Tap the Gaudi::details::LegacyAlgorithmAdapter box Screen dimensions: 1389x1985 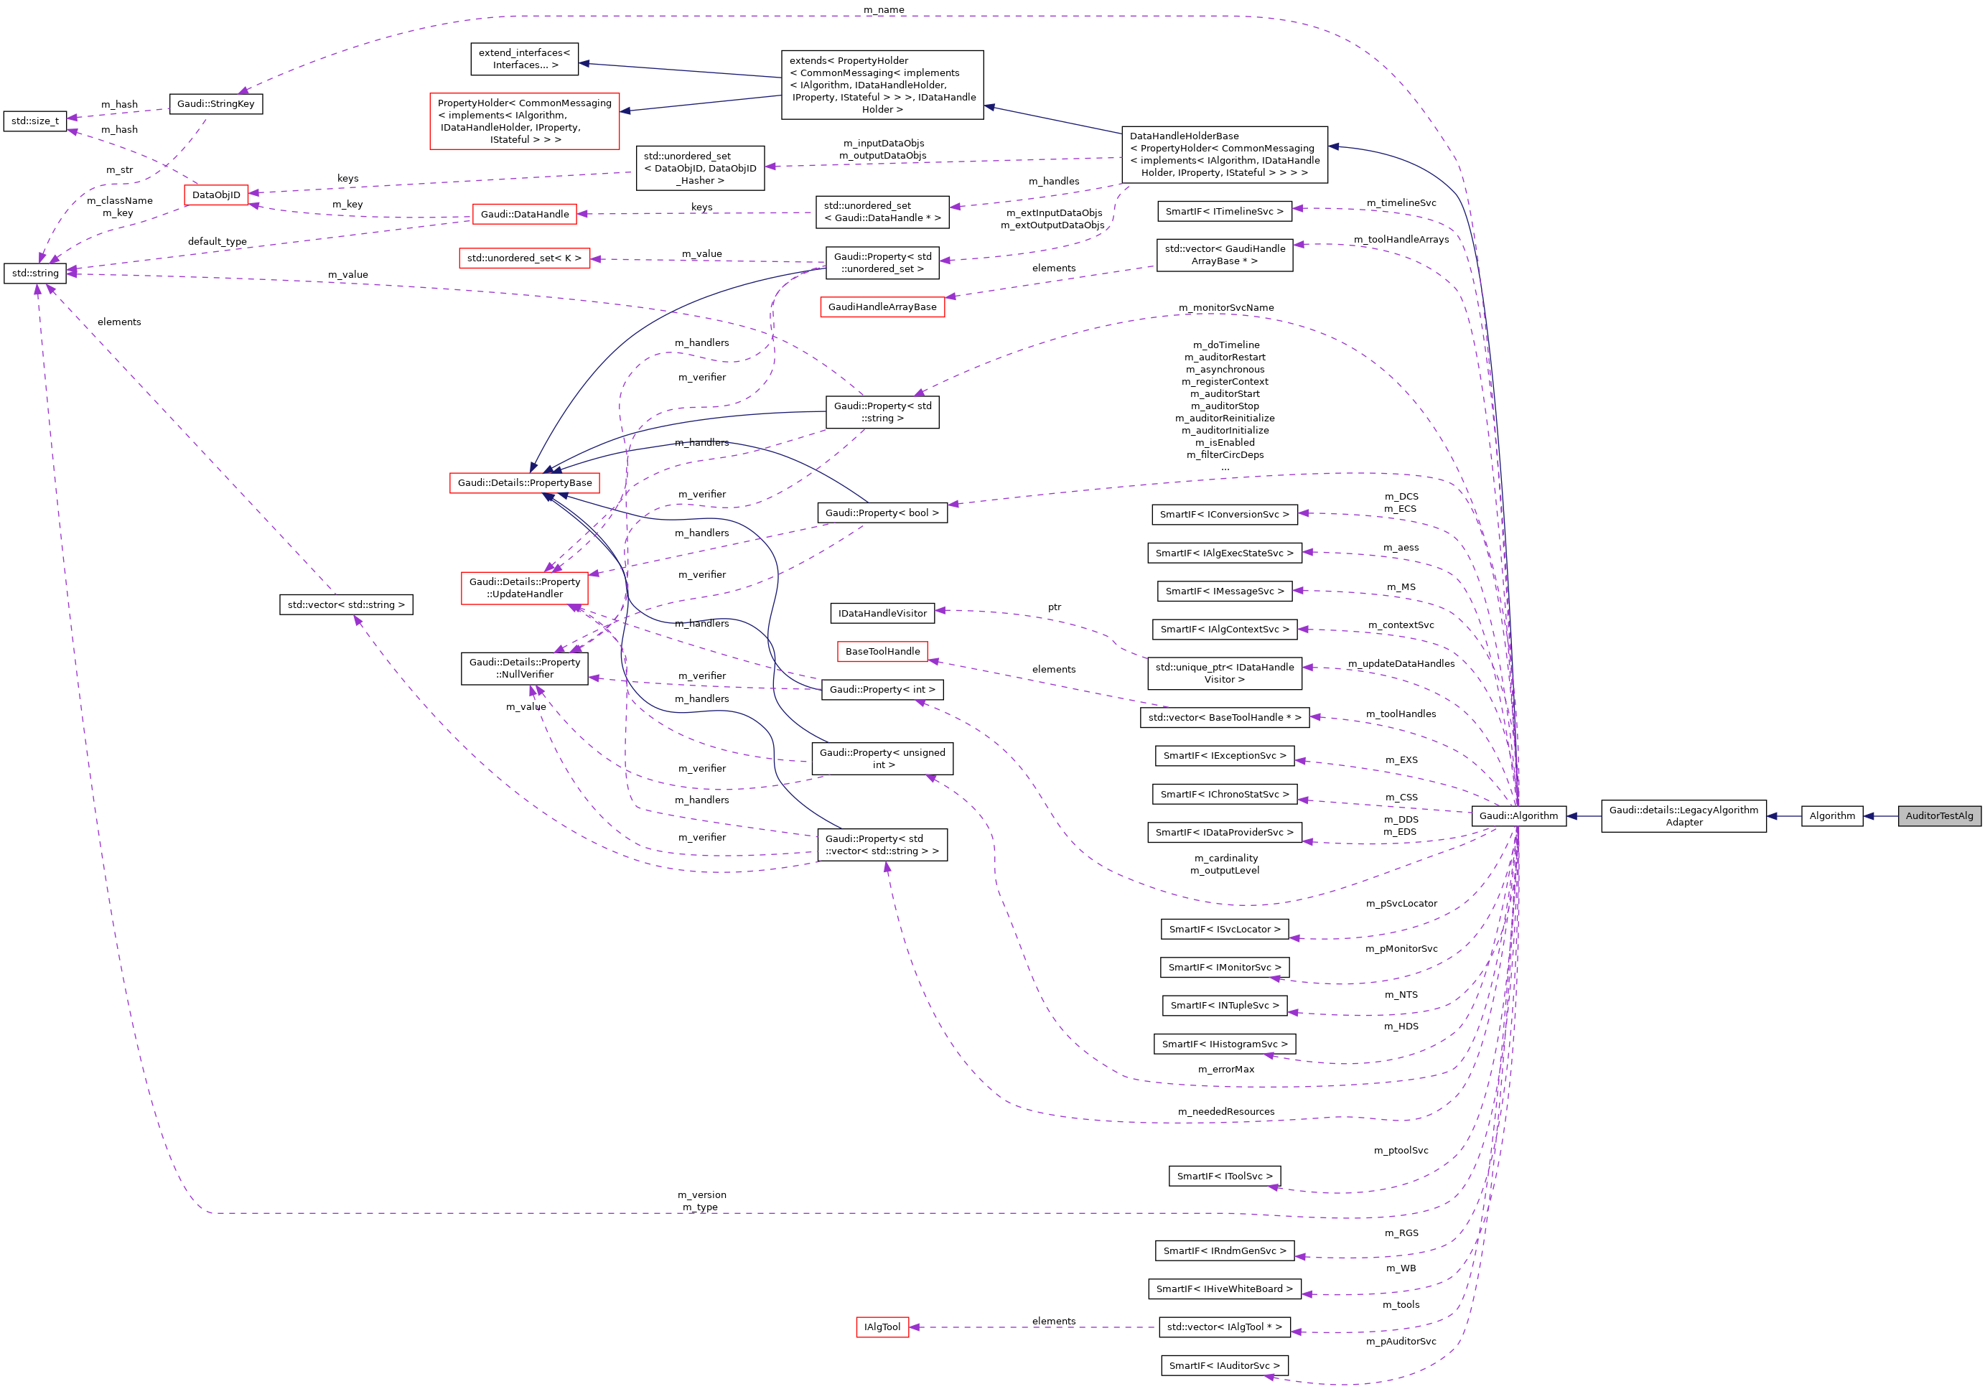point(1683,816)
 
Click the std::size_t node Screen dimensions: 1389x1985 point(35,121)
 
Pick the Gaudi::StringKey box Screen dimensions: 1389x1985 point(215,103)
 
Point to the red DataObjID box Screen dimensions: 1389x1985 point(216,195)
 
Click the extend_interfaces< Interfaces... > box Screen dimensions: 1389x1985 point(524,59)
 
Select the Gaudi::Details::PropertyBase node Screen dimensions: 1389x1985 point(525,482)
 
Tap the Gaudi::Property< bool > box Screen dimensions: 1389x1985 point(882,513)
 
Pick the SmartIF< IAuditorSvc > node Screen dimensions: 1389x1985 point(1224,1365)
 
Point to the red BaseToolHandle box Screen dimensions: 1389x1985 point(882,651)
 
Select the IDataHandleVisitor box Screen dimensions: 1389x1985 point(882,613)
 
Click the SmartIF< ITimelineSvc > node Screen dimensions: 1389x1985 point(1224,211)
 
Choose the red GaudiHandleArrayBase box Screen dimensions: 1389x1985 point(882,307)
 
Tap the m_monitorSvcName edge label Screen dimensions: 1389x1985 point(1226,308)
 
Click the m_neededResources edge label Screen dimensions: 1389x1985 point(1226,1111)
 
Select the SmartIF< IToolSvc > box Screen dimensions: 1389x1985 point(1224,1176)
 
